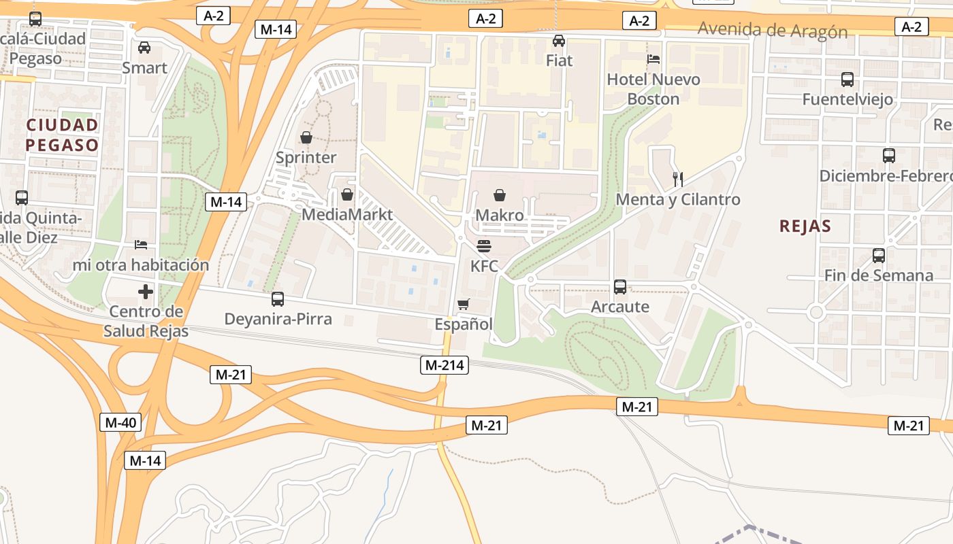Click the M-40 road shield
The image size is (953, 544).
[x=121, y=422]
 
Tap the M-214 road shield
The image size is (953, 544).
[x=445, y=365]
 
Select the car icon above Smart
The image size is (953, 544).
[x=144, y=48]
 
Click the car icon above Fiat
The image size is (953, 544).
[x=559, y=41]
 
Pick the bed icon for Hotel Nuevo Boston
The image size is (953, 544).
[x=653, y=59]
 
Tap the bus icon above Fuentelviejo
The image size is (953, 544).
[x=847, y=80]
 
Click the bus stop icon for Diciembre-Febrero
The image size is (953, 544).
[x=888, y=156]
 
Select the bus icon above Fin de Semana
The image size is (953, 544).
[x=879, y=256]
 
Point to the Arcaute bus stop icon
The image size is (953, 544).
[x=619, y=287]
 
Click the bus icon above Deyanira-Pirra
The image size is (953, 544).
[x=278, y=299]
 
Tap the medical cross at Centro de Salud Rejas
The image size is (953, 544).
[x=146, y=292]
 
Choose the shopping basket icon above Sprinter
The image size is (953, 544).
[x=306, y=138]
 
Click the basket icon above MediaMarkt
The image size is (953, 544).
[x=347, y=195]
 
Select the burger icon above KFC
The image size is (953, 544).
[x=484, y=245]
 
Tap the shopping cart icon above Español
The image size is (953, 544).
[x=464, y=304]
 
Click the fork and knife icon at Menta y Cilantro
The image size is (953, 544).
[x=677, y=180]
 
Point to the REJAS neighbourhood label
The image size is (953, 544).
[x=805, y=226]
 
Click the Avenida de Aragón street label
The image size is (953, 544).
[x=773, y=31]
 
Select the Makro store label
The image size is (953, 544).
[x=500, y=216]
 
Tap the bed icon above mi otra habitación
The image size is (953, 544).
[x=141, y=245]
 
